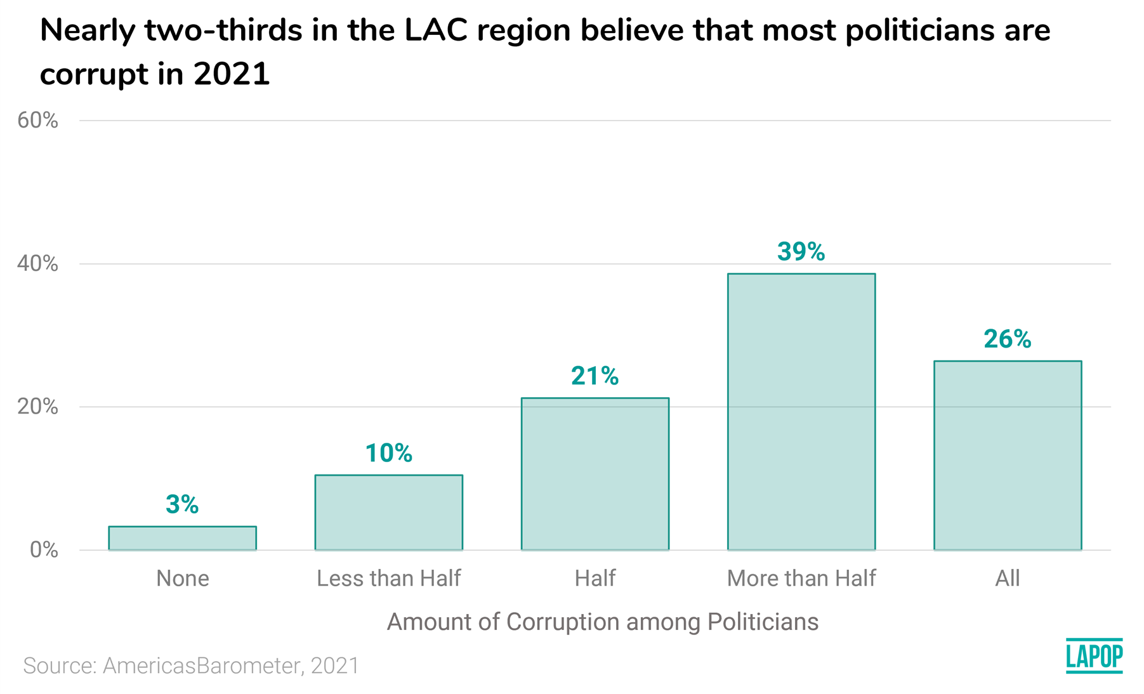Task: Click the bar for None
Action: click(182, 538)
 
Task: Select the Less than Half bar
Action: click(388, 512)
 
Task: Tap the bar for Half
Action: click(595, 473)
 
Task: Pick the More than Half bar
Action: click(801, 412)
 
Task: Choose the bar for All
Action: click(1007, 455)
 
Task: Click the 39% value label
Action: click(801, 252)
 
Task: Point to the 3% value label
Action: click(182, 504)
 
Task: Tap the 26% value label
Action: click(1007, 339)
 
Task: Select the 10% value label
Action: click(388, 453)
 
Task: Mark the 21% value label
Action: click(595, 376)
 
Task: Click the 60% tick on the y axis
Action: click(37, 121)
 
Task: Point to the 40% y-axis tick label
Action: click(37, 264)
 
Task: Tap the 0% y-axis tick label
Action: click(44, 550)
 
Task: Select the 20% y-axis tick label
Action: click(37, 407)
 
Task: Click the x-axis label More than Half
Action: click(801, 579)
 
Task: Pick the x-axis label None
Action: click(182, 579)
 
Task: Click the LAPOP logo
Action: click(1094, 656)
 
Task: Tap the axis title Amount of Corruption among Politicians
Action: click(602, 622)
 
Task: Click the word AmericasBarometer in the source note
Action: click(201, 665)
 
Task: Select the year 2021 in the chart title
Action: click(232, 74)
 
